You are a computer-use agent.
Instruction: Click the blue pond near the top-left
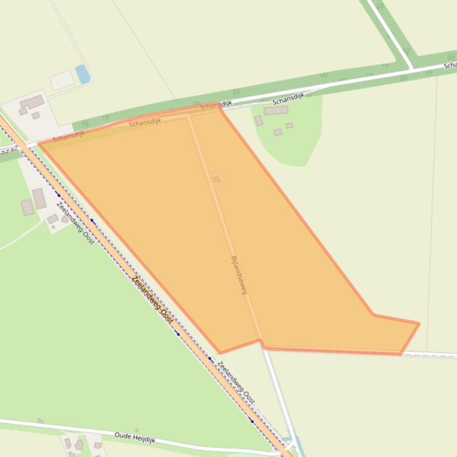pyautogui.click(x=83, y=74)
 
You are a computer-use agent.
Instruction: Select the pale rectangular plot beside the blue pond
pyautogui.click(x=62, y=80)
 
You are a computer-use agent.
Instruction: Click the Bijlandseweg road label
pyautogui.click(x=238, y=275)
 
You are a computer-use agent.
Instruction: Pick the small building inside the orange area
pyautogui.click(x=216, y=178)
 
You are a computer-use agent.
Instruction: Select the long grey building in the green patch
pyautogui.click(x=275, y=110)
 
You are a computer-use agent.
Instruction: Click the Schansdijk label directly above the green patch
pyautogui.click(x=288, y=99)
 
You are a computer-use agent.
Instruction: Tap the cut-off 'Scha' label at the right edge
pyautogui.click(x=450, y=65)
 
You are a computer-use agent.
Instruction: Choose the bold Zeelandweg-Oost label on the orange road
pyautogui.click(x=153, y=300)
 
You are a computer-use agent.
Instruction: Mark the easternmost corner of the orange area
pyautogui.click(x=419, y=323)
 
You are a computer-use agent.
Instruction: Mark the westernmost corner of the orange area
pyautogui.click(x=39, y=144)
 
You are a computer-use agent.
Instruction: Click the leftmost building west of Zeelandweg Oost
pyautogui.click(x=27, y=207)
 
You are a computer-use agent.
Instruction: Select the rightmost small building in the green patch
pyautogui.click(x=289, y=126)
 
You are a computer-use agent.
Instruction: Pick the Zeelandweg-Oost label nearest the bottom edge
pyautogui.click(x=236, y=383)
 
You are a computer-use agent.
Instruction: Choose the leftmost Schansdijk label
pyautogui.click(x=68, y=137)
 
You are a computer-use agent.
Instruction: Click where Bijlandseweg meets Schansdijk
pyautogui.click(x=189, y=116)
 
